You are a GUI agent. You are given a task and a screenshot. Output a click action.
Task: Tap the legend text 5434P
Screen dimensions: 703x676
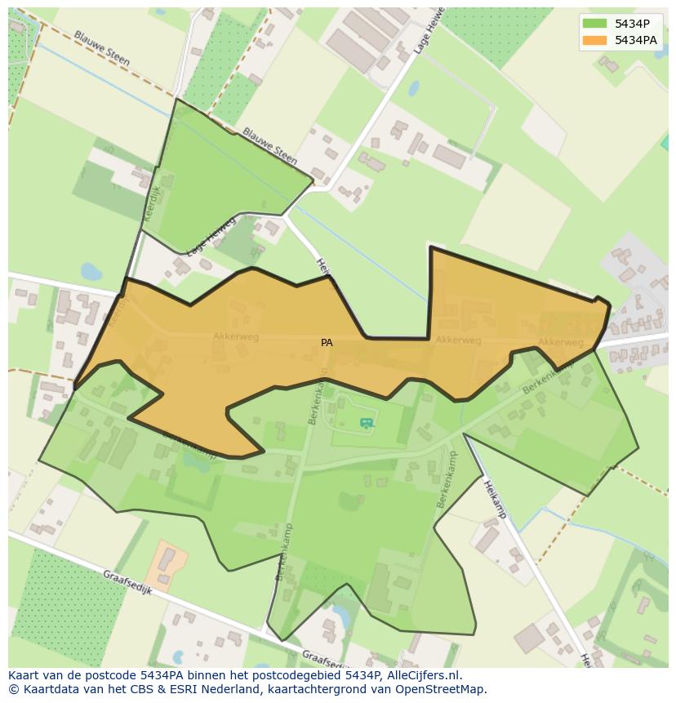click(633, 24)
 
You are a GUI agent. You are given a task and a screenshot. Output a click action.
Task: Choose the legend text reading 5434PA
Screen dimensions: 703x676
click(636, 40)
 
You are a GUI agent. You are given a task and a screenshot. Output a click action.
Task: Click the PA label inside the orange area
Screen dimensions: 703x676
click(327, 343)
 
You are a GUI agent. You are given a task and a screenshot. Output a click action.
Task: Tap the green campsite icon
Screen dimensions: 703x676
click(367, 422)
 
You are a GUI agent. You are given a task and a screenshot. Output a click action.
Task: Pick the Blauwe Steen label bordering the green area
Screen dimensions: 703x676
click(269, 145)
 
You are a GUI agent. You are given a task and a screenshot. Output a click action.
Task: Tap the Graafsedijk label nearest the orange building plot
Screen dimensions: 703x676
click(128, 586)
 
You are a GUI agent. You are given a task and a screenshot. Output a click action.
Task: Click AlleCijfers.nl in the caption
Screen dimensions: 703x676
click(422, 675)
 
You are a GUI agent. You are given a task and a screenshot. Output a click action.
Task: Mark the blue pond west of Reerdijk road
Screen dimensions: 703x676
click(91, 270)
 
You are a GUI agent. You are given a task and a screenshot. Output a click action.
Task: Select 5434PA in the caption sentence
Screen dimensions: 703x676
click(167, 675)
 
